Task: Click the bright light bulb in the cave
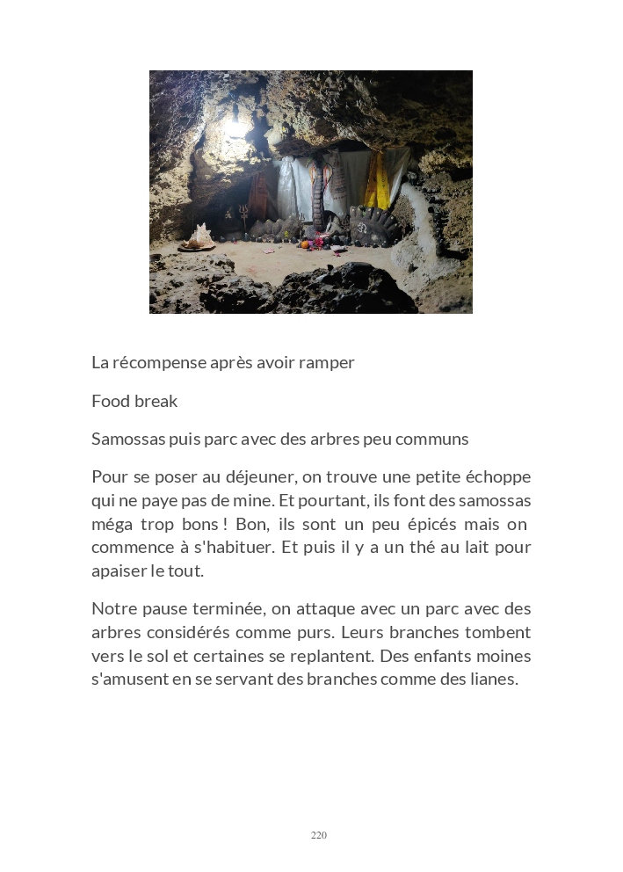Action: (235, 127)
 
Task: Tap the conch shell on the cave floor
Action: (198, 236)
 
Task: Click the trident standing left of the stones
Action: (239, 215)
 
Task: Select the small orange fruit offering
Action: (305, 243)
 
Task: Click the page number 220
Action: (319, 835)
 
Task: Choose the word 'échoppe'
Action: (497, 476)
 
